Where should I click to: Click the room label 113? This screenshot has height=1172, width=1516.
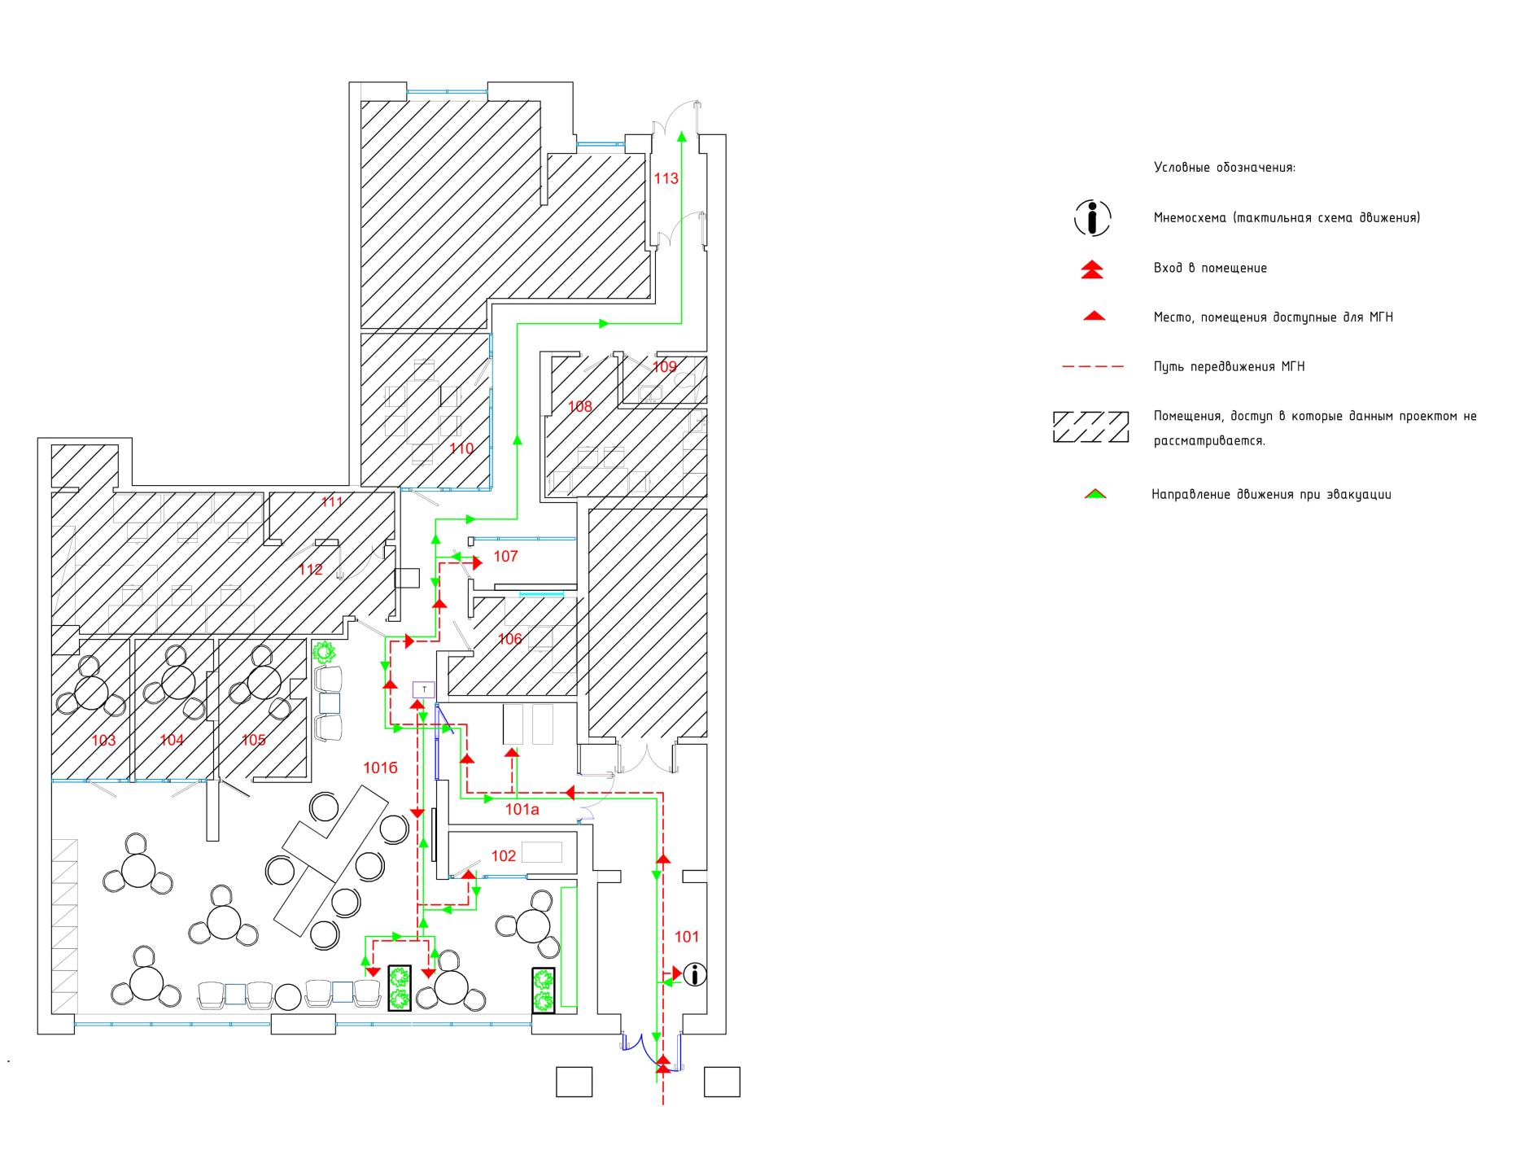click(x=666, y=178)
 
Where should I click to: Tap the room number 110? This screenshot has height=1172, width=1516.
click(x=461, y=448)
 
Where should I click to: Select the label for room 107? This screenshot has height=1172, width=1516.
click(x=505, y=557)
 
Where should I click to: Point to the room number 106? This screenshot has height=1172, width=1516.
click(x=509, y=639)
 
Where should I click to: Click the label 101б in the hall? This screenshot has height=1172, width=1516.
click(x=380, y=767)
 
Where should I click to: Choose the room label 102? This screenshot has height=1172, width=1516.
click(x=504, y=855)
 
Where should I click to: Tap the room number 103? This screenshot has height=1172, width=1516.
click(x=103, y=740)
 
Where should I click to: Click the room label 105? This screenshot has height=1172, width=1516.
click(x=253, y=740)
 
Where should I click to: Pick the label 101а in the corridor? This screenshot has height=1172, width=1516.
click(x=522, y=809)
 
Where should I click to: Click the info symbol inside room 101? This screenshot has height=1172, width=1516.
click(x=695, y=974)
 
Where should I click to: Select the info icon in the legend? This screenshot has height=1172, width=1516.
click(x=1093, y=218)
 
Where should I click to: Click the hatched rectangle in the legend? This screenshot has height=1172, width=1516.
click(x=1090, y=426)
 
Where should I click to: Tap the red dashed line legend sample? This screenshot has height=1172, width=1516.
click(x=1093, y=367)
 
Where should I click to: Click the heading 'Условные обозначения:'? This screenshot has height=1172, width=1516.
click(x=1225, y=168)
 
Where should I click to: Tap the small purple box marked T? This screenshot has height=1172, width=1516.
click(x=424, y=689)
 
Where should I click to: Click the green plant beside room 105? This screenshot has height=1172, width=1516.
click(x=325, y=652)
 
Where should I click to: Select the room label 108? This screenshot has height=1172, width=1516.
click(x=580, y=406)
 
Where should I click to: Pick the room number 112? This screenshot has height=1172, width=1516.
click(x=311, y=570)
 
